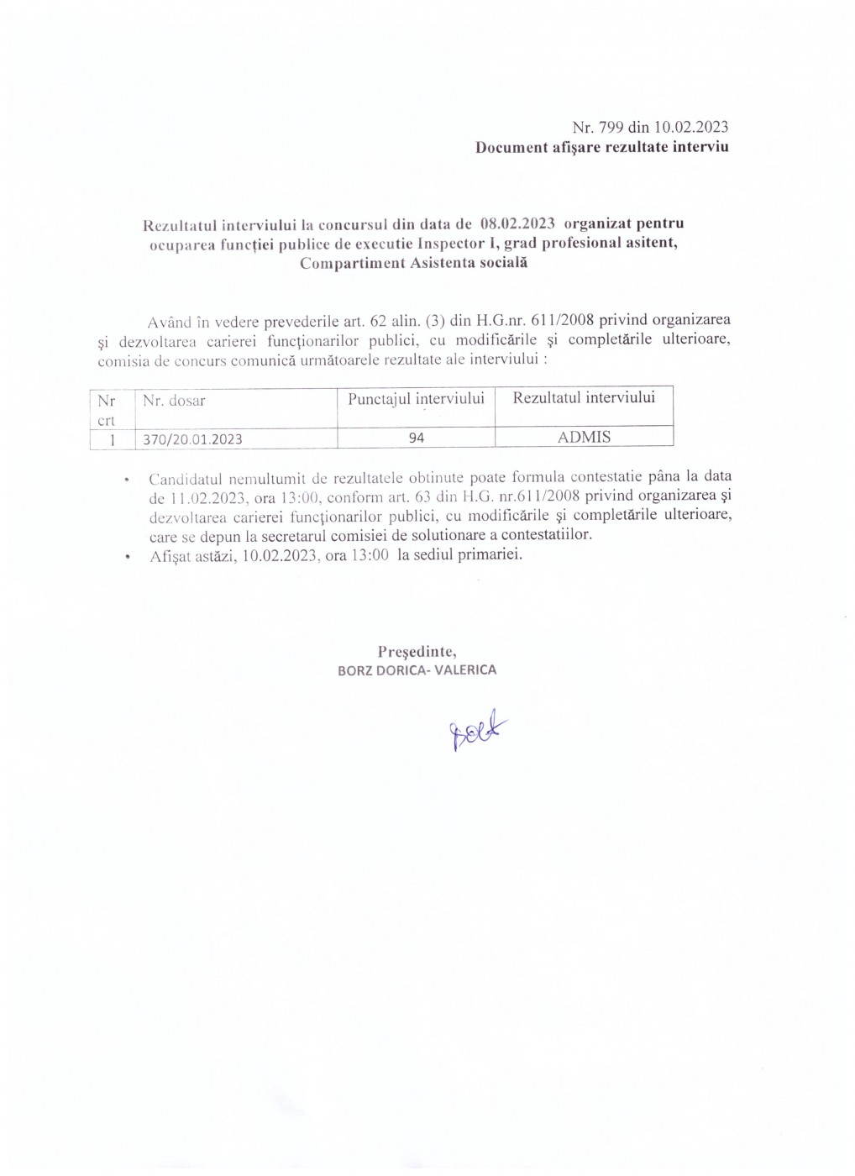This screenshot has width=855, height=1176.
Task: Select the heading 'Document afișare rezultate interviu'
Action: click(x=601, y=148)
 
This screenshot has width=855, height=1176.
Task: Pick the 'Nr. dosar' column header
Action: click(x=174, y=402)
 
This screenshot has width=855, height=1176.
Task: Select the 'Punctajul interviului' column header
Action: click(x=416, y=398)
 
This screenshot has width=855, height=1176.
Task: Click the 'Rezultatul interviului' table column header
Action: click(x=584, y=397)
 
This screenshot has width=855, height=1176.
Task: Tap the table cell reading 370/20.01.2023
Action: click(x=193, y=438)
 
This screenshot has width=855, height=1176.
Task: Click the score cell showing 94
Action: click(x=416, y=438)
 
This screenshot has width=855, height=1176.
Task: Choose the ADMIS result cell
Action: click(x=584, y=437)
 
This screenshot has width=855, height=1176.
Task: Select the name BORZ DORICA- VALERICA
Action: click(x=417, y=670)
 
